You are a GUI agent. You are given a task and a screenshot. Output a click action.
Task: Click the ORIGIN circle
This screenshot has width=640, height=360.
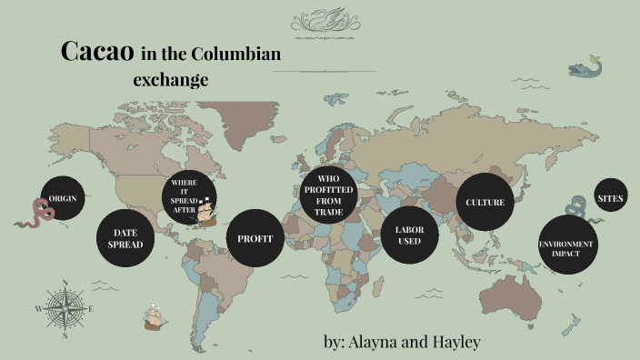pos(62,197)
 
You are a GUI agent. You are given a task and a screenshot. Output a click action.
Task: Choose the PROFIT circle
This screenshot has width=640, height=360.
pos(255,238)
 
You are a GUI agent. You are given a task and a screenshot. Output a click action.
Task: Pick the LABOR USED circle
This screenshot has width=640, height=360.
pos(409,235)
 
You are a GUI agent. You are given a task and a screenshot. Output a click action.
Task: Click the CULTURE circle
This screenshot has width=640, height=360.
pos(485,202)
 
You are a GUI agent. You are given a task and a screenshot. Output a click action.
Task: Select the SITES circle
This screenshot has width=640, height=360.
pos(610,197)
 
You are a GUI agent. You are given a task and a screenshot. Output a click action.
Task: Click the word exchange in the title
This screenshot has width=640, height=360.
pos(171,79)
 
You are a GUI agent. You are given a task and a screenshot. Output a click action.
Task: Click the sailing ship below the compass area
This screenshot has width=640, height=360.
pos(155,317)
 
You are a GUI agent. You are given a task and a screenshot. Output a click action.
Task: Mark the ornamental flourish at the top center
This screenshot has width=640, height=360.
pos(323,22)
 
